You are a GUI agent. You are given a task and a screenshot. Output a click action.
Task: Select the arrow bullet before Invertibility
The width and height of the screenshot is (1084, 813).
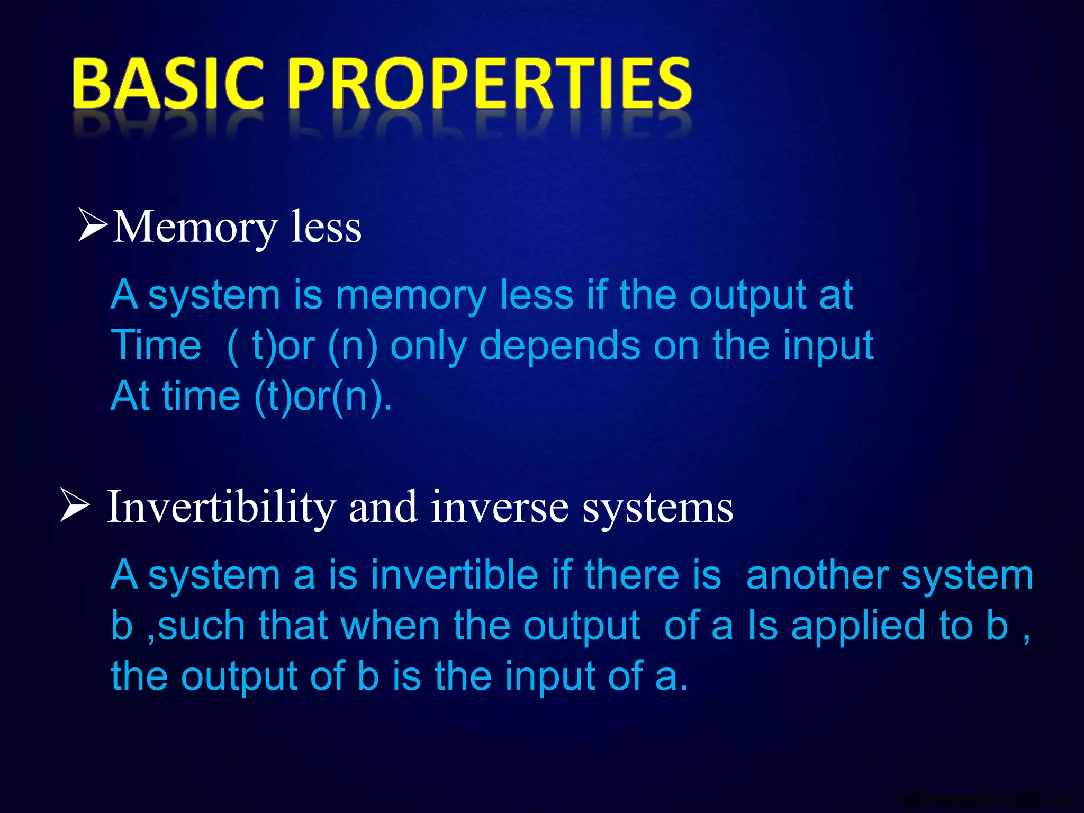75,505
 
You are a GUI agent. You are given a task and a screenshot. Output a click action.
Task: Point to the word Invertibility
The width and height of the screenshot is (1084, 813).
221,508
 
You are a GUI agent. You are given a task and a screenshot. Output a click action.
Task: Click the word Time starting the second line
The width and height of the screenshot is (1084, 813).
156,345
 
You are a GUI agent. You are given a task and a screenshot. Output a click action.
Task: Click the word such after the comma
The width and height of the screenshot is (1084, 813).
201,626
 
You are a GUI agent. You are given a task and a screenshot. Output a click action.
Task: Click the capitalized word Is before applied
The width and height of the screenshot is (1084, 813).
762,626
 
